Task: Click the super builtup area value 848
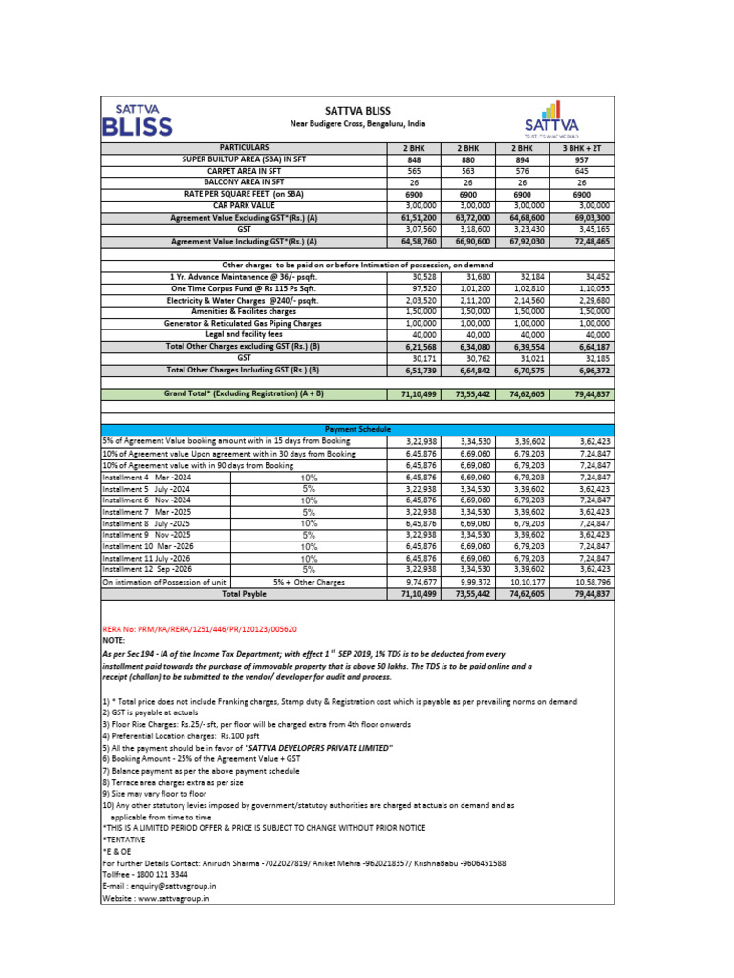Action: pos(413,160)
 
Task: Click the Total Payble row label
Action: pos(245,593)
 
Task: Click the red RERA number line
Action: pos(200,629)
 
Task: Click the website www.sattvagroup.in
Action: pos(156,898)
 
